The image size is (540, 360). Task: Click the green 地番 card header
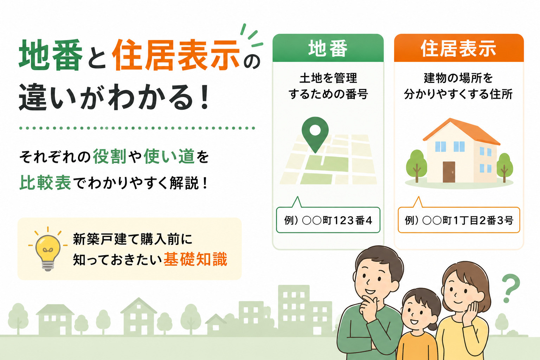[x=328, y=48]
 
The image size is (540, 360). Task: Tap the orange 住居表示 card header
[x=459, y=48]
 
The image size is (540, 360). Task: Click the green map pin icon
[x=315, y=134]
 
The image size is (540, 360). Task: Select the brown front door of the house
[x=449, y=172]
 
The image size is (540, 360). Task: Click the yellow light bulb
[x=48, y=252]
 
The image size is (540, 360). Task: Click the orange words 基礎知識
[x=195, y=259]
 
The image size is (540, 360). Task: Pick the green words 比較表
[x=45, y=182]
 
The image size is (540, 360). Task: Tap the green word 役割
[x=110, y=156]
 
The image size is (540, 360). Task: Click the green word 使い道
[x=169, y=156]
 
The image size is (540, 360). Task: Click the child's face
[x=418, y=314]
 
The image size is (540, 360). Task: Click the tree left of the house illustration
[x=417, y=166]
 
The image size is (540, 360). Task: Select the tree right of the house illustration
[x=504, y=167]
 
